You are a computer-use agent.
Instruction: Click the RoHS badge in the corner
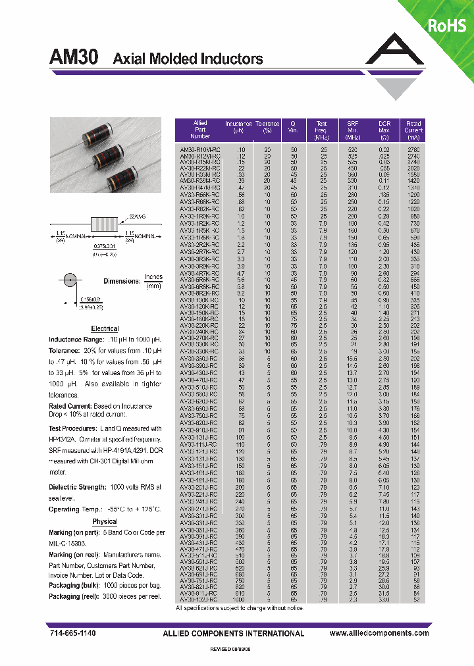tap(446, 26)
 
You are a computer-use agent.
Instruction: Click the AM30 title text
tap(74, 58)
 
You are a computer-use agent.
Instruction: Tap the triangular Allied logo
tap(396, 66)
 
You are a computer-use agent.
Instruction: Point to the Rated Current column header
tap(413, 130)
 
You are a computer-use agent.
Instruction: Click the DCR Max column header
tap(384, 130)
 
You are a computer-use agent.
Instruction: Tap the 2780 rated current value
tap(413, 149)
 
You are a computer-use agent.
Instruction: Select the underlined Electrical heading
tap(105, 328)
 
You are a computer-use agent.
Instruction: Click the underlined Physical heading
tap(105, 521)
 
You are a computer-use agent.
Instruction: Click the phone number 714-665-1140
tap(72, 633)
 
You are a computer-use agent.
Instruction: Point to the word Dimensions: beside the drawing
tap(121, 281)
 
